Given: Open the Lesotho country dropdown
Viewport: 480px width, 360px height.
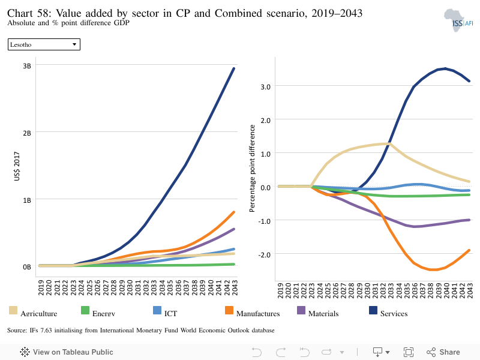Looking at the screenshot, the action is click(44, 44).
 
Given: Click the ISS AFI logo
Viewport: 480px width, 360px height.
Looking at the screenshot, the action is click(458, 20).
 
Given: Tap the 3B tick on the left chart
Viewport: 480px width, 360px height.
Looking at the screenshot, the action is click(27, 66).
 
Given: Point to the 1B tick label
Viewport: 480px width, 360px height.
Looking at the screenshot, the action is click(27, 200).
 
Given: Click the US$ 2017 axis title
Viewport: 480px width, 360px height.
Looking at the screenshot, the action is click(17, 166).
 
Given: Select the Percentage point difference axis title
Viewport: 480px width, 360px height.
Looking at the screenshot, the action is click(252, 169).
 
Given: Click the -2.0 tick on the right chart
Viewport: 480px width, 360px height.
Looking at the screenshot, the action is click(265, 254).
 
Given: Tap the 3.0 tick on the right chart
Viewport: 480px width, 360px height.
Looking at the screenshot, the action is click(266, 87).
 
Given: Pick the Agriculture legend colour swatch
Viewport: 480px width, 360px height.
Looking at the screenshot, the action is click(13, 310).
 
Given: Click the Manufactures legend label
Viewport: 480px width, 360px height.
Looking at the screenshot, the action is click(258, 313).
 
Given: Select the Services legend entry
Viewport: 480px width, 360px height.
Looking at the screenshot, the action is click(388, 312).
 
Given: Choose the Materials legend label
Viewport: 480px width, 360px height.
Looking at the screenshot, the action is click(323, 313).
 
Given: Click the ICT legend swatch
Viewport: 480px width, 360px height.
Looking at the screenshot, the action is click(157, 310).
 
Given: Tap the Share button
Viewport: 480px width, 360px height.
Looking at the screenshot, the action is click(443, 352).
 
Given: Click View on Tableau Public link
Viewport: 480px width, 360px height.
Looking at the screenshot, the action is click(67, 352).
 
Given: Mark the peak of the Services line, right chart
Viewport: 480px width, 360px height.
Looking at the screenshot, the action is click(445, 68).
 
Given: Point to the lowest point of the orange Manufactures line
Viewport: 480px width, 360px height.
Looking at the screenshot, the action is click(433, 269).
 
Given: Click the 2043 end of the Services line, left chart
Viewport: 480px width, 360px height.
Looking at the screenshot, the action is click(234, 68).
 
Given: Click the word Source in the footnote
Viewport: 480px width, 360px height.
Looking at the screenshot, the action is click(17, 331).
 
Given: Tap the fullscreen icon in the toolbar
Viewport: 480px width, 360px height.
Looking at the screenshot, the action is click(409, 352).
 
